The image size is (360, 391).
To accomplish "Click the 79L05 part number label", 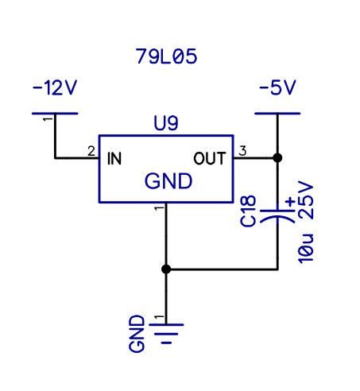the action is click(166, 56).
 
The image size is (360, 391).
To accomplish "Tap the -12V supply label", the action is click(55, 87).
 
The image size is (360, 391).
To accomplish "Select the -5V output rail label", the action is click(277, 87).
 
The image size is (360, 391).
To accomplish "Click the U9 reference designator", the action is click(166, 123).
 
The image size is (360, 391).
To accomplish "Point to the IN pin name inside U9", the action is click(114, 159).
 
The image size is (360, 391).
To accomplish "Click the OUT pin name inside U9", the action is click(210, 158).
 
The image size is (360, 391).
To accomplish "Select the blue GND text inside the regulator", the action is click(168, 181).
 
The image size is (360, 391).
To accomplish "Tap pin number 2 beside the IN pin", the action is click(91, 151).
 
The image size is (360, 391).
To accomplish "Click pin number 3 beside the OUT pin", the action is click(242, 151).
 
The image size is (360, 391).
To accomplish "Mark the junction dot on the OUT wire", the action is click(277, 158).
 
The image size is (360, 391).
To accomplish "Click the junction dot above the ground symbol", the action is click(166, 269).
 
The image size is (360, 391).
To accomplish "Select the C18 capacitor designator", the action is click(248, 211).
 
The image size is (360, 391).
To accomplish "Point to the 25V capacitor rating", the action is click(306, 200).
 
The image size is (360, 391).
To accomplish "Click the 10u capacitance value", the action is click(306, 249).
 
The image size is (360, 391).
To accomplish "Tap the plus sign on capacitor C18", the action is click(290, 202).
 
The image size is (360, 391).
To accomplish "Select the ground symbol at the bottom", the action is click(166, 334).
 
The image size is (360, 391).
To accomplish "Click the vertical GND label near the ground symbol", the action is click(137, 334).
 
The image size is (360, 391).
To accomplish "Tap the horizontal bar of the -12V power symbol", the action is click(55, 114).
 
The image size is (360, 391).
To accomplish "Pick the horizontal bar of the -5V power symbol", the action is click(277, 114).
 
